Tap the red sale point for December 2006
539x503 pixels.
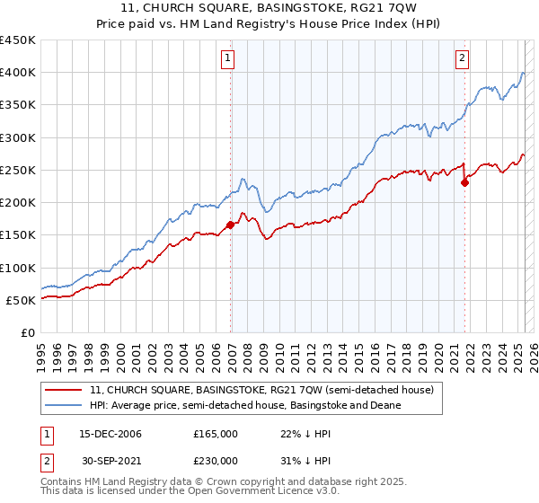[231, 225]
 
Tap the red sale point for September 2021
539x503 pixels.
[464, 183]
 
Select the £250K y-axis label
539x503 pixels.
[18, 170]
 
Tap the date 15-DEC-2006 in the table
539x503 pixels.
[110, 434]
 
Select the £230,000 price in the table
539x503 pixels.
[216, 460]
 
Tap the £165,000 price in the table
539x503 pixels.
[216, 434]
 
